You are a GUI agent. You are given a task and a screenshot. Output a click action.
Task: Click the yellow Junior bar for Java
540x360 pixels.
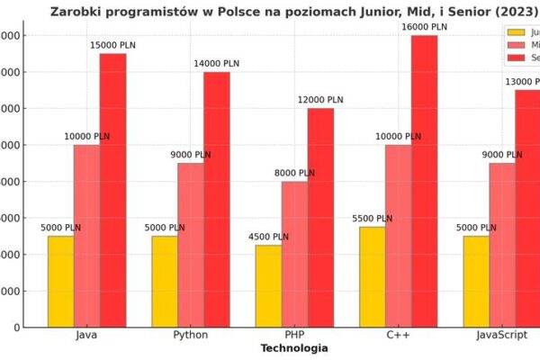(x=61, y=281)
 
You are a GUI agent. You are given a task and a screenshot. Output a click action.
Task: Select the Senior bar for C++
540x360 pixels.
(x=424, y=180)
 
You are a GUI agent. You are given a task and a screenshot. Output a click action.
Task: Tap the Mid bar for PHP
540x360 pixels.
(x=294, y=254)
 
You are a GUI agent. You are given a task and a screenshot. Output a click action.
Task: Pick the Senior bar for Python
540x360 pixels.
(x=216, y=199)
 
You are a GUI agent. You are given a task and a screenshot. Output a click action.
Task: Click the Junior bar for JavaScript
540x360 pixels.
(x=476, y=281)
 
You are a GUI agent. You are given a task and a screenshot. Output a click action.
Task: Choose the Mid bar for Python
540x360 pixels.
(x=190, y=245)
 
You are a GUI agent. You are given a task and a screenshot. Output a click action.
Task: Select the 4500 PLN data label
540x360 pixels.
(x=269, y=237)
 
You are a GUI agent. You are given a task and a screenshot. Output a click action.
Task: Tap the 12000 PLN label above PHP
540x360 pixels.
(x=321, y=100)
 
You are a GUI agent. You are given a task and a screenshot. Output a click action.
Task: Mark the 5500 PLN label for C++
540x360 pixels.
(x=373, y=219)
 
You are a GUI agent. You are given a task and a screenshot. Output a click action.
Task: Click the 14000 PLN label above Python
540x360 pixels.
(x=217, y=64)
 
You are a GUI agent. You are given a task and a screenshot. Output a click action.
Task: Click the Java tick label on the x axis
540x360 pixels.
(x=87, y=335)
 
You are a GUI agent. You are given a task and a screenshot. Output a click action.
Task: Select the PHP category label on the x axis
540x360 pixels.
(x=294, y=335)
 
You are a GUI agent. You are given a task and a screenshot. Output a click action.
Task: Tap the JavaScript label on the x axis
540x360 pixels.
(x=502, y=335)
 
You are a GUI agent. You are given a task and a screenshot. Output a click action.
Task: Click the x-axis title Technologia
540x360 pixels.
(x=294, y=348)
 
